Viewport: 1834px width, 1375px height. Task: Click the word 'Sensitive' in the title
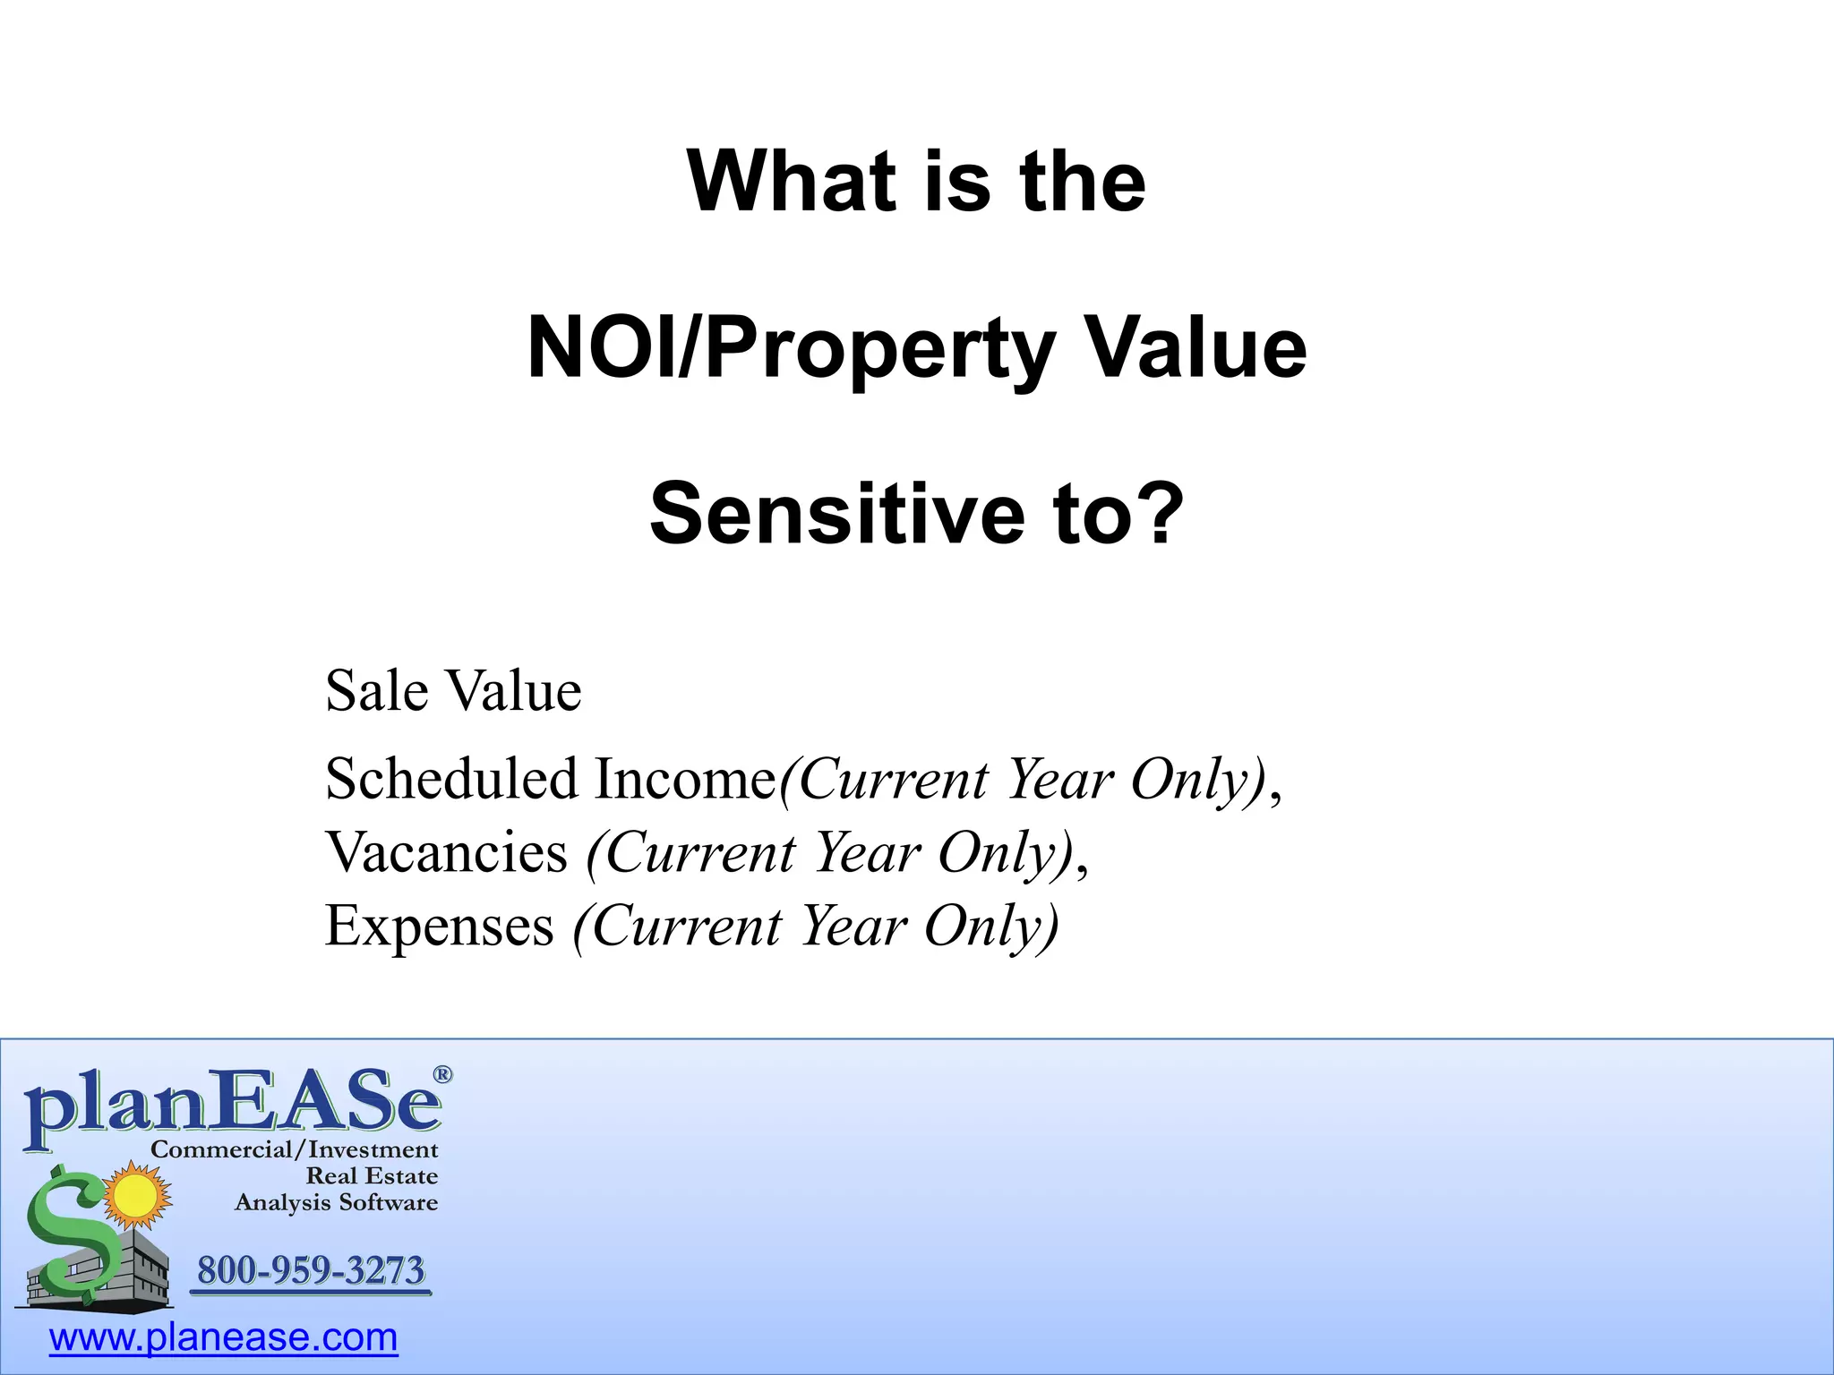[x=836, y=514]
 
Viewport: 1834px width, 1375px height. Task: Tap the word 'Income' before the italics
[x=685, y=779]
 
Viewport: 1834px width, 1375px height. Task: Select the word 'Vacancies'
[x=446, y=852]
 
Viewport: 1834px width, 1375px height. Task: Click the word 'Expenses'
[x=439, y=926]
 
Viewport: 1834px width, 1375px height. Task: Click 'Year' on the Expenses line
[x=853, y=926]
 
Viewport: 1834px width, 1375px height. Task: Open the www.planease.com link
[x=223, y=1337]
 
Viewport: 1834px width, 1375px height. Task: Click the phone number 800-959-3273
[x=311, y=1270]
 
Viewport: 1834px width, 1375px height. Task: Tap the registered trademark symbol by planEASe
[x=442, y=1074]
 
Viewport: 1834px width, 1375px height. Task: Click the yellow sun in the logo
[x=136, y=1195]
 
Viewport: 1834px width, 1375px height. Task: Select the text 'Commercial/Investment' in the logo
[x=295, y=1149]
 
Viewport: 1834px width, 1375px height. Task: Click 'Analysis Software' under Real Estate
[x=336, y=1202]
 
